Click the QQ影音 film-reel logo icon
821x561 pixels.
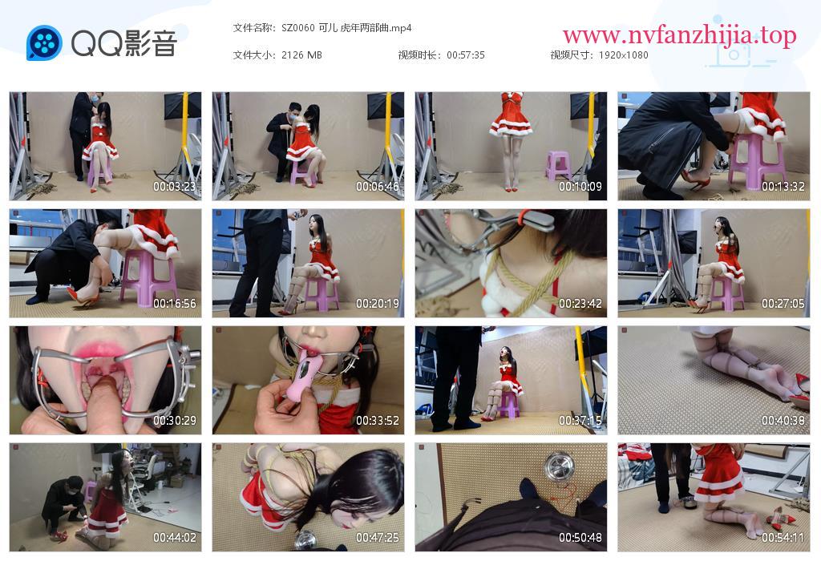(x=45, y=43)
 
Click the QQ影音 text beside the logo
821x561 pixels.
(x=124, y=43)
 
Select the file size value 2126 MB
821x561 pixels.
(x=301, y=55)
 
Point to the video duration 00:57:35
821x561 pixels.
(x=466, y=55)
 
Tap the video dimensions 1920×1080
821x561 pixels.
(x=623, y=55)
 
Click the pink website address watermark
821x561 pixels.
(x=680, y=35)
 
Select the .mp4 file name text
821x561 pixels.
(x=346, y=28)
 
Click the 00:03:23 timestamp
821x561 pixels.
(x=174, y=186)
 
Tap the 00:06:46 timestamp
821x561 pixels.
(x=378, y=186)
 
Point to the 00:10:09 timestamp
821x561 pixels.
(x=580, y=186)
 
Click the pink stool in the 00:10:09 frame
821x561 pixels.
(x=558, y=165)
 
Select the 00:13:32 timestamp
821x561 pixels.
(x=783, y=186)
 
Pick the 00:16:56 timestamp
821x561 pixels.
(x=174, y=304)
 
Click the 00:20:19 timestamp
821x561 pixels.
(x=378, y=304)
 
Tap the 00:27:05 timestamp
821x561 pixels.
(x=783, y=304)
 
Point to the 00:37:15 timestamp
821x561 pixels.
(x=580, y=421)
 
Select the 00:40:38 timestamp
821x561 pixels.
(x=783, y=421)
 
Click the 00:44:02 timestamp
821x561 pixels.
(x=174, y=538)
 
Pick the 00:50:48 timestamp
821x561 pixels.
(x=580, y=538)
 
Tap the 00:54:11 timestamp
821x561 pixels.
(x=783, y=538)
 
